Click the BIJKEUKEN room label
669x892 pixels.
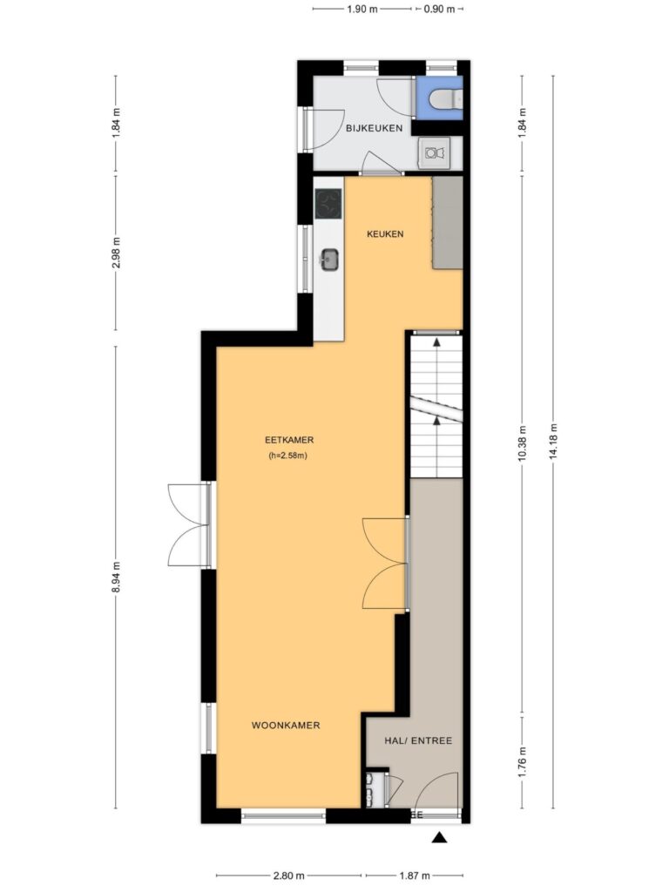(x=374, y=128)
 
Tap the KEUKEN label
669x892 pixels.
(x=385, y=233)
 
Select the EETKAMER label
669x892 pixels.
(x=289, y=440)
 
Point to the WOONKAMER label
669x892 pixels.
(x=286, y=726)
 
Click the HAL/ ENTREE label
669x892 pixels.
(x=418, y=740)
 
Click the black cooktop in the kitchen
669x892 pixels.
(x=328, y=205)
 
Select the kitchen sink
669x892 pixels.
(x=329, y=260)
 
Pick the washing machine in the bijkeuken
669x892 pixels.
(x=434, y=152)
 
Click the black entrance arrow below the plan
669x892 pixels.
(x=438, y=837)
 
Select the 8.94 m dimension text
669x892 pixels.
(x=116, y=577)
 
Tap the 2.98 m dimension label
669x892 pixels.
(x=116, y=253)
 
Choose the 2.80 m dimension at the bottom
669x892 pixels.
(x=289, y=875)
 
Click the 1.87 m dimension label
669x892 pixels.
(x=414, y=875)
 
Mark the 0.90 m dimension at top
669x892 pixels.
(x=439, y=9)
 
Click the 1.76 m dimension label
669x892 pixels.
(x=523, y=762)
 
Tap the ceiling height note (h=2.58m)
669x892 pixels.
(x=287, y=456)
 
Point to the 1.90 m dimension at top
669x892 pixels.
(x=362, y=9)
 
